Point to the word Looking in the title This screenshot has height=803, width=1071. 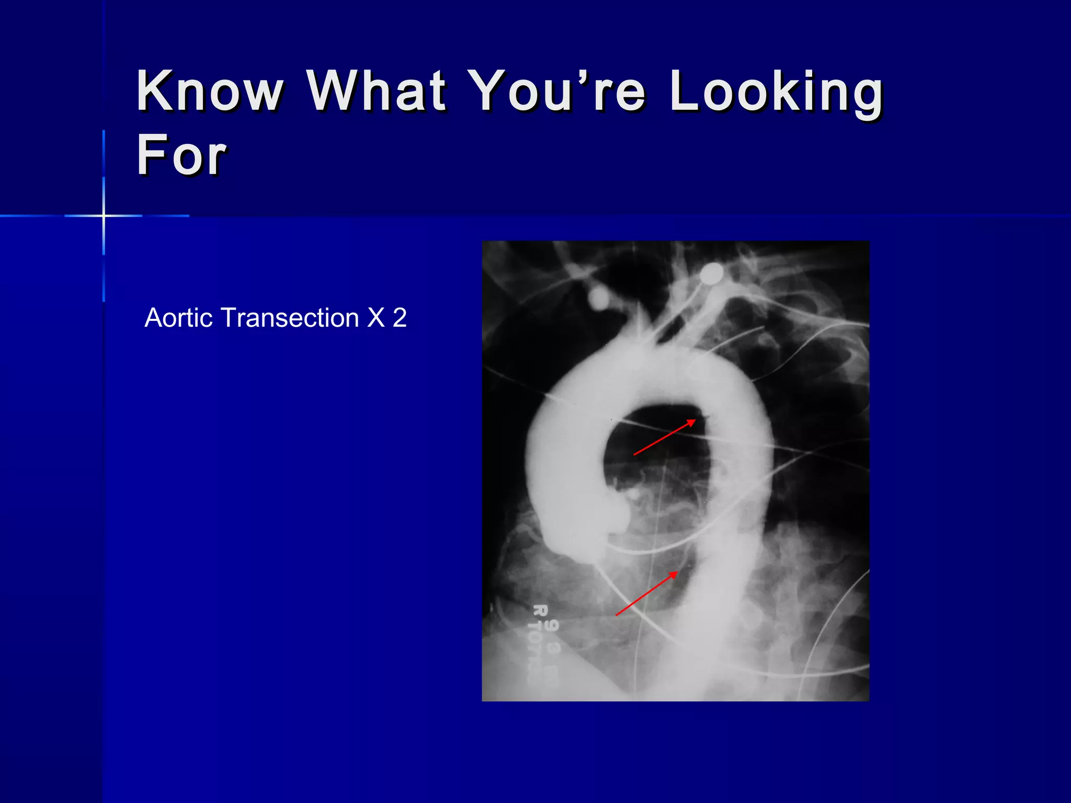(x=776, y=93)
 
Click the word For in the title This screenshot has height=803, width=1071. (x=181, y=155)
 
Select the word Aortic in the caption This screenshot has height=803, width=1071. (x=178, y=318)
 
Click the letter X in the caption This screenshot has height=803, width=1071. (x=376, y=318)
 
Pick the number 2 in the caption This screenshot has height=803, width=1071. (x=400, y=318)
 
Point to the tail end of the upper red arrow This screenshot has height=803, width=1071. (x=634, y=455)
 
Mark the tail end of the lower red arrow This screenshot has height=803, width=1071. (x=616, y=615)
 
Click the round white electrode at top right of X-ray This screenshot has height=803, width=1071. (x=711, y=273)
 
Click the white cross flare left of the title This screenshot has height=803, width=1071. (x=104, y=215)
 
